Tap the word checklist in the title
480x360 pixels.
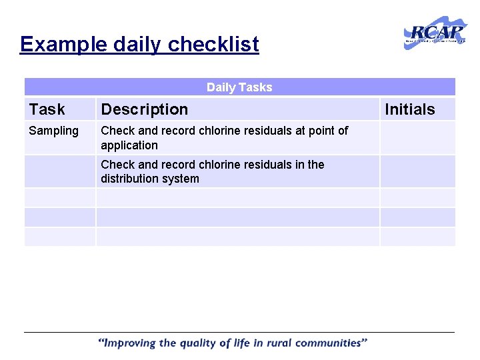(213, 45)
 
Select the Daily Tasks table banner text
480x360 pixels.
(239, 87)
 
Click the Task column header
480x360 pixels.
(47, 109)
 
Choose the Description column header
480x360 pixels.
(144, 109)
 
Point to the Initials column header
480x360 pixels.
(409, 109)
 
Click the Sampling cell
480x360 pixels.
(53, 131)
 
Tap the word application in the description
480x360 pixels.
(129, 145)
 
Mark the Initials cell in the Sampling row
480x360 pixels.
(417, 138)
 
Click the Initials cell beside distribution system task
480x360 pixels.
(417, 171)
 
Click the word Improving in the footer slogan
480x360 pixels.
(129, 343)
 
